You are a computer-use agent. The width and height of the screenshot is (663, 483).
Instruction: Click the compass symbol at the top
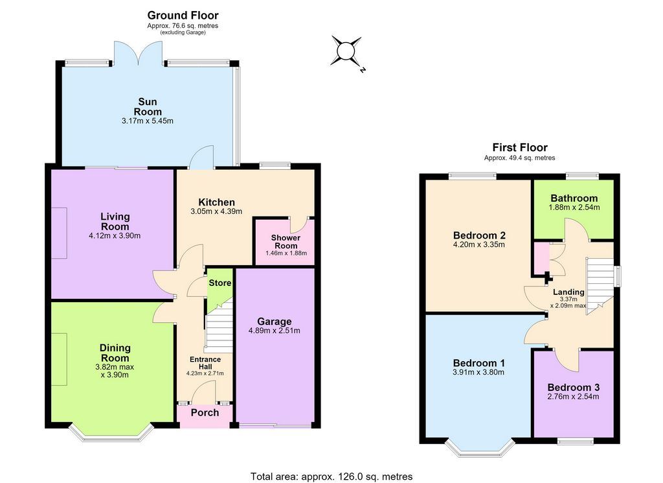click(348, 53)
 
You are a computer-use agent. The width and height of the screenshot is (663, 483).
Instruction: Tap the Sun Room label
click(148, 107)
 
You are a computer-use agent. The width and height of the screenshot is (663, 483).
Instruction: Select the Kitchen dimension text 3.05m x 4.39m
click(216, 211)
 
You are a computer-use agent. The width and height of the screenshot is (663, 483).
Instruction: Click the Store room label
click(220, 283)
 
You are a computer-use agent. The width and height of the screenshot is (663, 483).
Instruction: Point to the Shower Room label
click(286, 242)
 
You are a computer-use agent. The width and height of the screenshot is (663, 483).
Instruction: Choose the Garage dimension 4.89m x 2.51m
click(275, 331)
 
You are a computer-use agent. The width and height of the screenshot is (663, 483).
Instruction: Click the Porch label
click(205, 412)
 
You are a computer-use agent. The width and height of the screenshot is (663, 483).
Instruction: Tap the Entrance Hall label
click(205, 363)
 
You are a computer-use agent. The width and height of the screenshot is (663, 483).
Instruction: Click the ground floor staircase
click(219, 326)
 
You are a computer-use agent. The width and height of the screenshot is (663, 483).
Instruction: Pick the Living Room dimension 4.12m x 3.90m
click(115, 236)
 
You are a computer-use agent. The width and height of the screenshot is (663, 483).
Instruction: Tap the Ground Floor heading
click(183, 16)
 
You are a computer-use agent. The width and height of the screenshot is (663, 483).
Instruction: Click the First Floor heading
click(520, 147)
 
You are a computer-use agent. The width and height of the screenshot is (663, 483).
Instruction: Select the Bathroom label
click(574, 198)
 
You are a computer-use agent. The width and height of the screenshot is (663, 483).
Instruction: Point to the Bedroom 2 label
click(479, 235)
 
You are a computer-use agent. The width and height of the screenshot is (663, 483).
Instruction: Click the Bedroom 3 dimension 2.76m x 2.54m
click(573, 397)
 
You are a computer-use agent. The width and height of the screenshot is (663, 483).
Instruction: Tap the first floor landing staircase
click(600, 286)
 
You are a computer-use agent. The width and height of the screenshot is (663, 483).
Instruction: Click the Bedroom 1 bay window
click(479, 450)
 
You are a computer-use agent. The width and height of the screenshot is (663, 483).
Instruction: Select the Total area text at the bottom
click(331, 477)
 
